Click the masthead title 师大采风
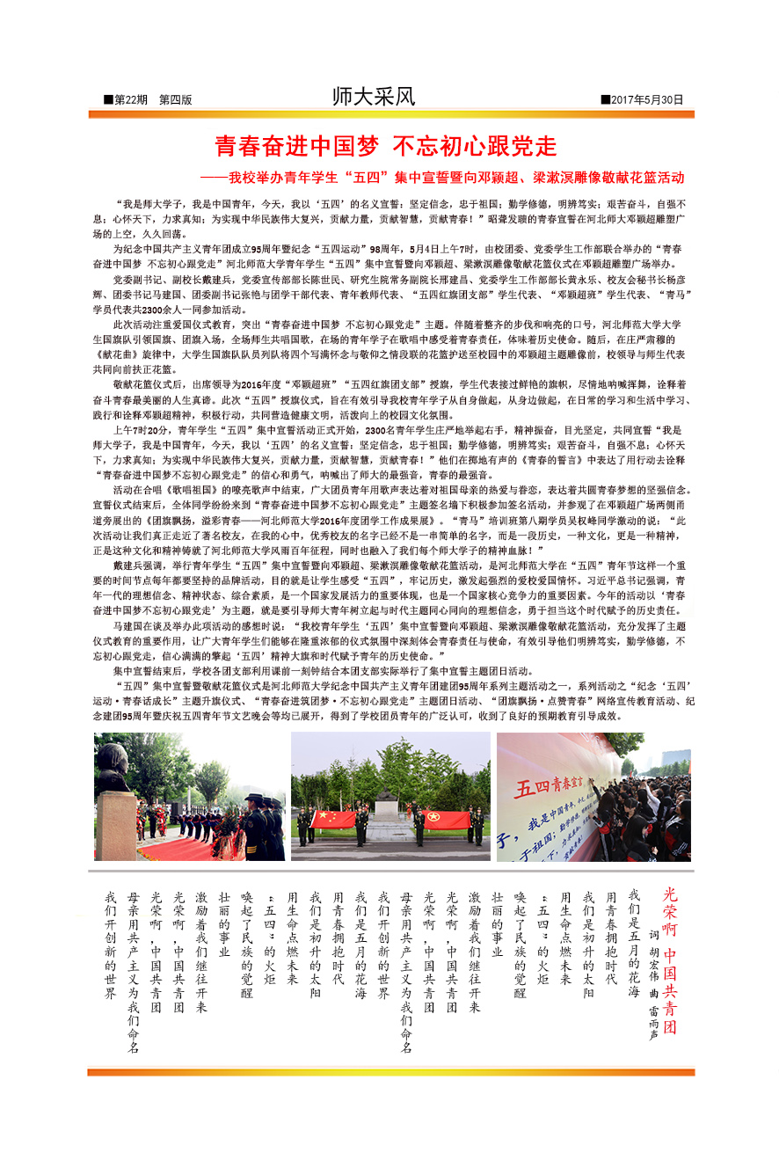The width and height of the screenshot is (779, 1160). coord(373,97)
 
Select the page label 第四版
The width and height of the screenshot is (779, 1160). coord(175,100)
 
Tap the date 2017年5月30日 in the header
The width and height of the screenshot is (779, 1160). coord(646,100)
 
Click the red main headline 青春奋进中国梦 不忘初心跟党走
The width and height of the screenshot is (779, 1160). coord(386,145)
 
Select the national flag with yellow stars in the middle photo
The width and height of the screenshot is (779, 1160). coord(333,819)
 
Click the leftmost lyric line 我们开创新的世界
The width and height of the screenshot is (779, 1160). coord(111,945)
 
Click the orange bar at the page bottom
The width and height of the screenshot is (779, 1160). coord(390,1072)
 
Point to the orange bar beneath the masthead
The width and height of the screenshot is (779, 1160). coord(390,114)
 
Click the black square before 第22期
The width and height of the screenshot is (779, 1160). coord(108,100)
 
